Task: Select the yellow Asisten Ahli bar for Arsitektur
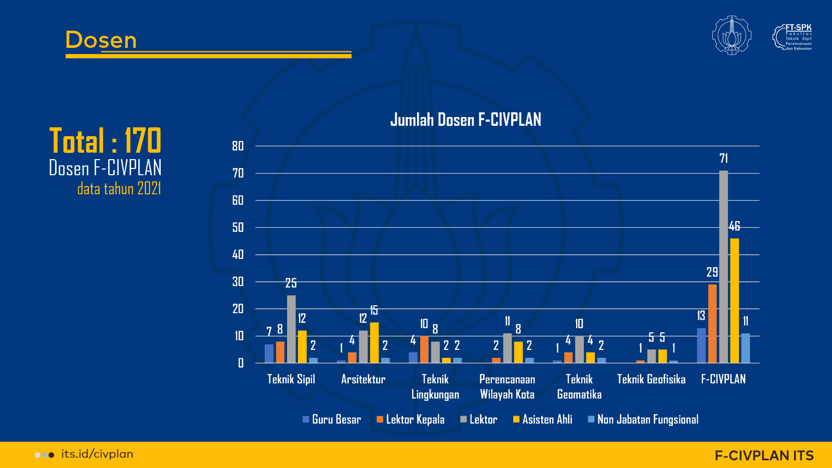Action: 374,343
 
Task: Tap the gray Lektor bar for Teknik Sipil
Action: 291,329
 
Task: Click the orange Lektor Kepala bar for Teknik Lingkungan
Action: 424,349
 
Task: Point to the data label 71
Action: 723,159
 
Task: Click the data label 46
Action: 734,226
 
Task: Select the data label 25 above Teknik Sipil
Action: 291,283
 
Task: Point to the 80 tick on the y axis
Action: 238,146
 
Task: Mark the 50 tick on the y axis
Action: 238,227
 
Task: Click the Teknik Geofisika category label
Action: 651,380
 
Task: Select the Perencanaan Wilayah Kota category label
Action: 507,387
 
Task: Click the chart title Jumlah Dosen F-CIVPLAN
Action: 465,120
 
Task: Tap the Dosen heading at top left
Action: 101,40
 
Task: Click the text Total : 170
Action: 105,141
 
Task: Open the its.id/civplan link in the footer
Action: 97,454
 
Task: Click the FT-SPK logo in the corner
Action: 792,37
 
